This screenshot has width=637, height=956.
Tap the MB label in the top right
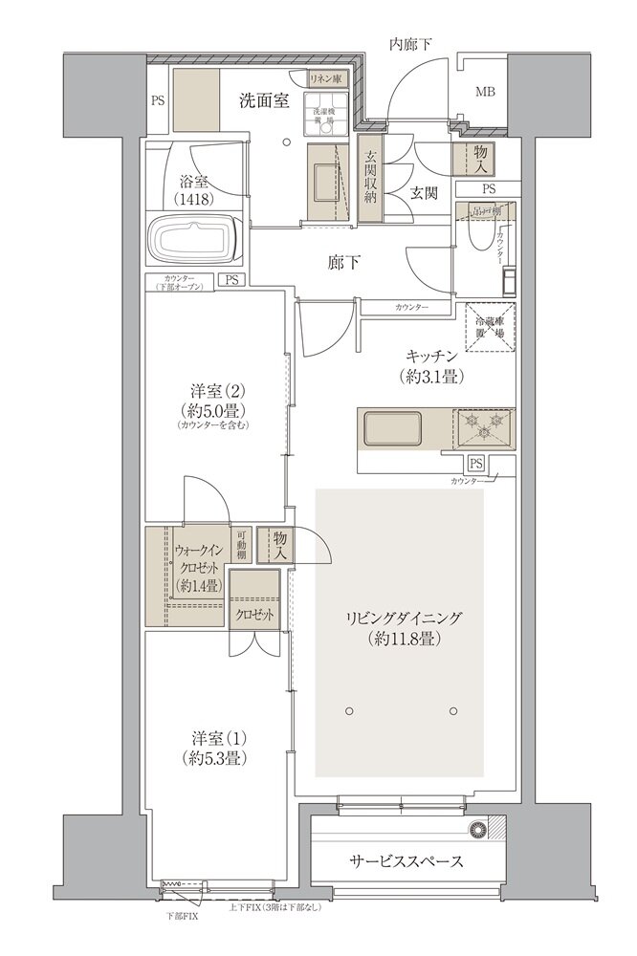[x=486, y=92]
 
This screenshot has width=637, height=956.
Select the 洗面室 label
[x=264, y=101]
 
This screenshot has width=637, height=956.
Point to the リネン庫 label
[x=325, y=80]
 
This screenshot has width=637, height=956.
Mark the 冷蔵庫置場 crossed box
[x=489, y=330]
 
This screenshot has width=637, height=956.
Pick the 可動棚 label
[x=244, y=546]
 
